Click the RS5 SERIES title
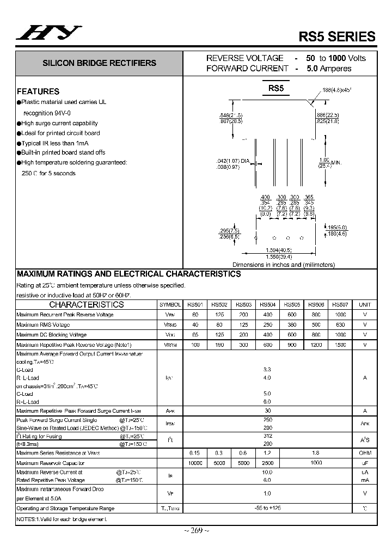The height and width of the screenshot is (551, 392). click(337, 36)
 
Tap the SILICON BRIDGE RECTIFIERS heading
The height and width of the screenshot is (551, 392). click(99, 63)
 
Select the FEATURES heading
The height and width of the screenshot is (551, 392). click(38, 91)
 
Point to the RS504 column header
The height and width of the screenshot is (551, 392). click(267, 305)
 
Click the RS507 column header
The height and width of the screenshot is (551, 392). click(340, 305)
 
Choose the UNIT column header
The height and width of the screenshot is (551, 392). click(365, 305)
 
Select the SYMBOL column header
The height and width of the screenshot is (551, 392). click(170, 305)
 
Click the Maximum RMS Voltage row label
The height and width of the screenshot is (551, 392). click(43, 325)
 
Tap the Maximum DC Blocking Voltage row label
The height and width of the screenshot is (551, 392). click(51, 335)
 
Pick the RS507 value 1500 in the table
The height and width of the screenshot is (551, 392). click(340, 345)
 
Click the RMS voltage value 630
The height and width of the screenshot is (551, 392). click(340, 325)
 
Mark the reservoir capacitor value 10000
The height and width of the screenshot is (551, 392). click(194, 463)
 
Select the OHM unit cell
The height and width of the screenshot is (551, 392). click(365, 452)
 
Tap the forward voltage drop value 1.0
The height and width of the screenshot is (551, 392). click(267, 493)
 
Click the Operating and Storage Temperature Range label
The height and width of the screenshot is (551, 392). click(65, 509)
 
